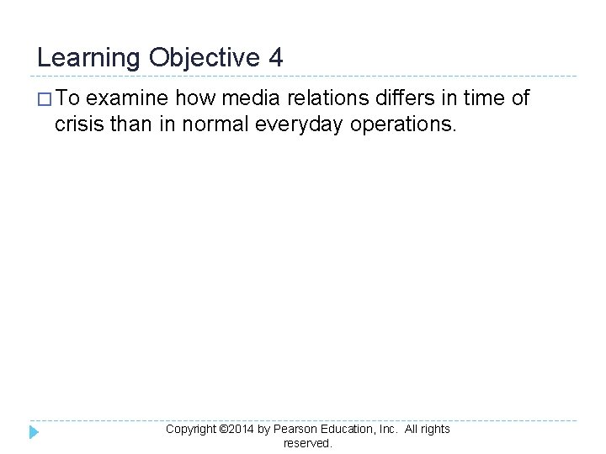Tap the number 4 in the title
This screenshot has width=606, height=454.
(276, 58)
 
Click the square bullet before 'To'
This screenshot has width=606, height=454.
(45, 99)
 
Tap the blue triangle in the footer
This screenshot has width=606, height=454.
(34, 432)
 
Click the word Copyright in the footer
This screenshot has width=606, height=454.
(191, 429)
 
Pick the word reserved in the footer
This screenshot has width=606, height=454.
(307, 443)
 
